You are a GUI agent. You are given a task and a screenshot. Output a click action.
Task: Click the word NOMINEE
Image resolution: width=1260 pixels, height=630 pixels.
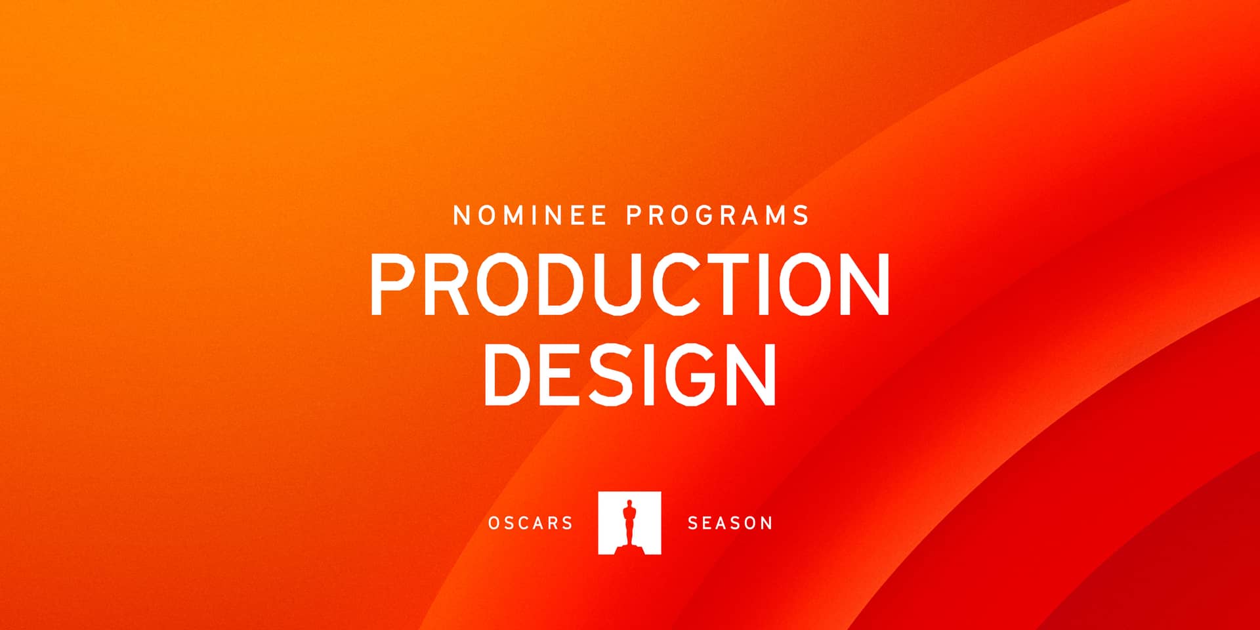coord(530,216)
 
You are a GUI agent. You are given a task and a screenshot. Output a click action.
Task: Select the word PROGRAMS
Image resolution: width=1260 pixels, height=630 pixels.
coord(718,216)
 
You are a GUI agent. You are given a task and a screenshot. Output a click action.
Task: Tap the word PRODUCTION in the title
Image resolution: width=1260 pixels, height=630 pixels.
coord(630,284)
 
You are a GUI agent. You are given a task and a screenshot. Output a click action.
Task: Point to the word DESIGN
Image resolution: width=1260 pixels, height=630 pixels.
coord(630,373)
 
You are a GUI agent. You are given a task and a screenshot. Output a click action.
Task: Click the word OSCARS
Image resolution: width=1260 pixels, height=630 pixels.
coord(530,523)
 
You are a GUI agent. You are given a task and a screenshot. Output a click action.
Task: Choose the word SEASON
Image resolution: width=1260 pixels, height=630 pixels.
coord(730,523)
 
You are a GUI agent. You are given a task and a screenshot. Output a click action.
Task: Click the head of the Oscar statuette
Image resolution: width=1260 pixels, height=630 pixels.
coord(629,505)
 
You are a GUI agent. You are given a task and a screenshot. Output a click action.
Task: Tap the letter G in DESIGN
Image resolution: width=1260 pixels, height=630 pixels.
coord(688,373)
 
